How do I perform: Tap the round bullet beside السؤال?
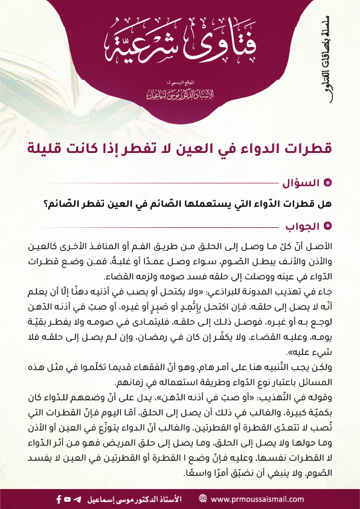pos(328,182)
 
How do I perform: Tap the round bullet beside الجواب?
pos(328,226)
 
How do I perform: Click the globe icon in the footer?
pos(202,499)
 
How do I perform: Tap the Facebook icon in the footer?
pos(59,499)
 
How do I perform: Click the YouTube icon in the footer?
pos(67,499)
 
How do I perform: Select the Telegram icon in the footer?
pos(76,499)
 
